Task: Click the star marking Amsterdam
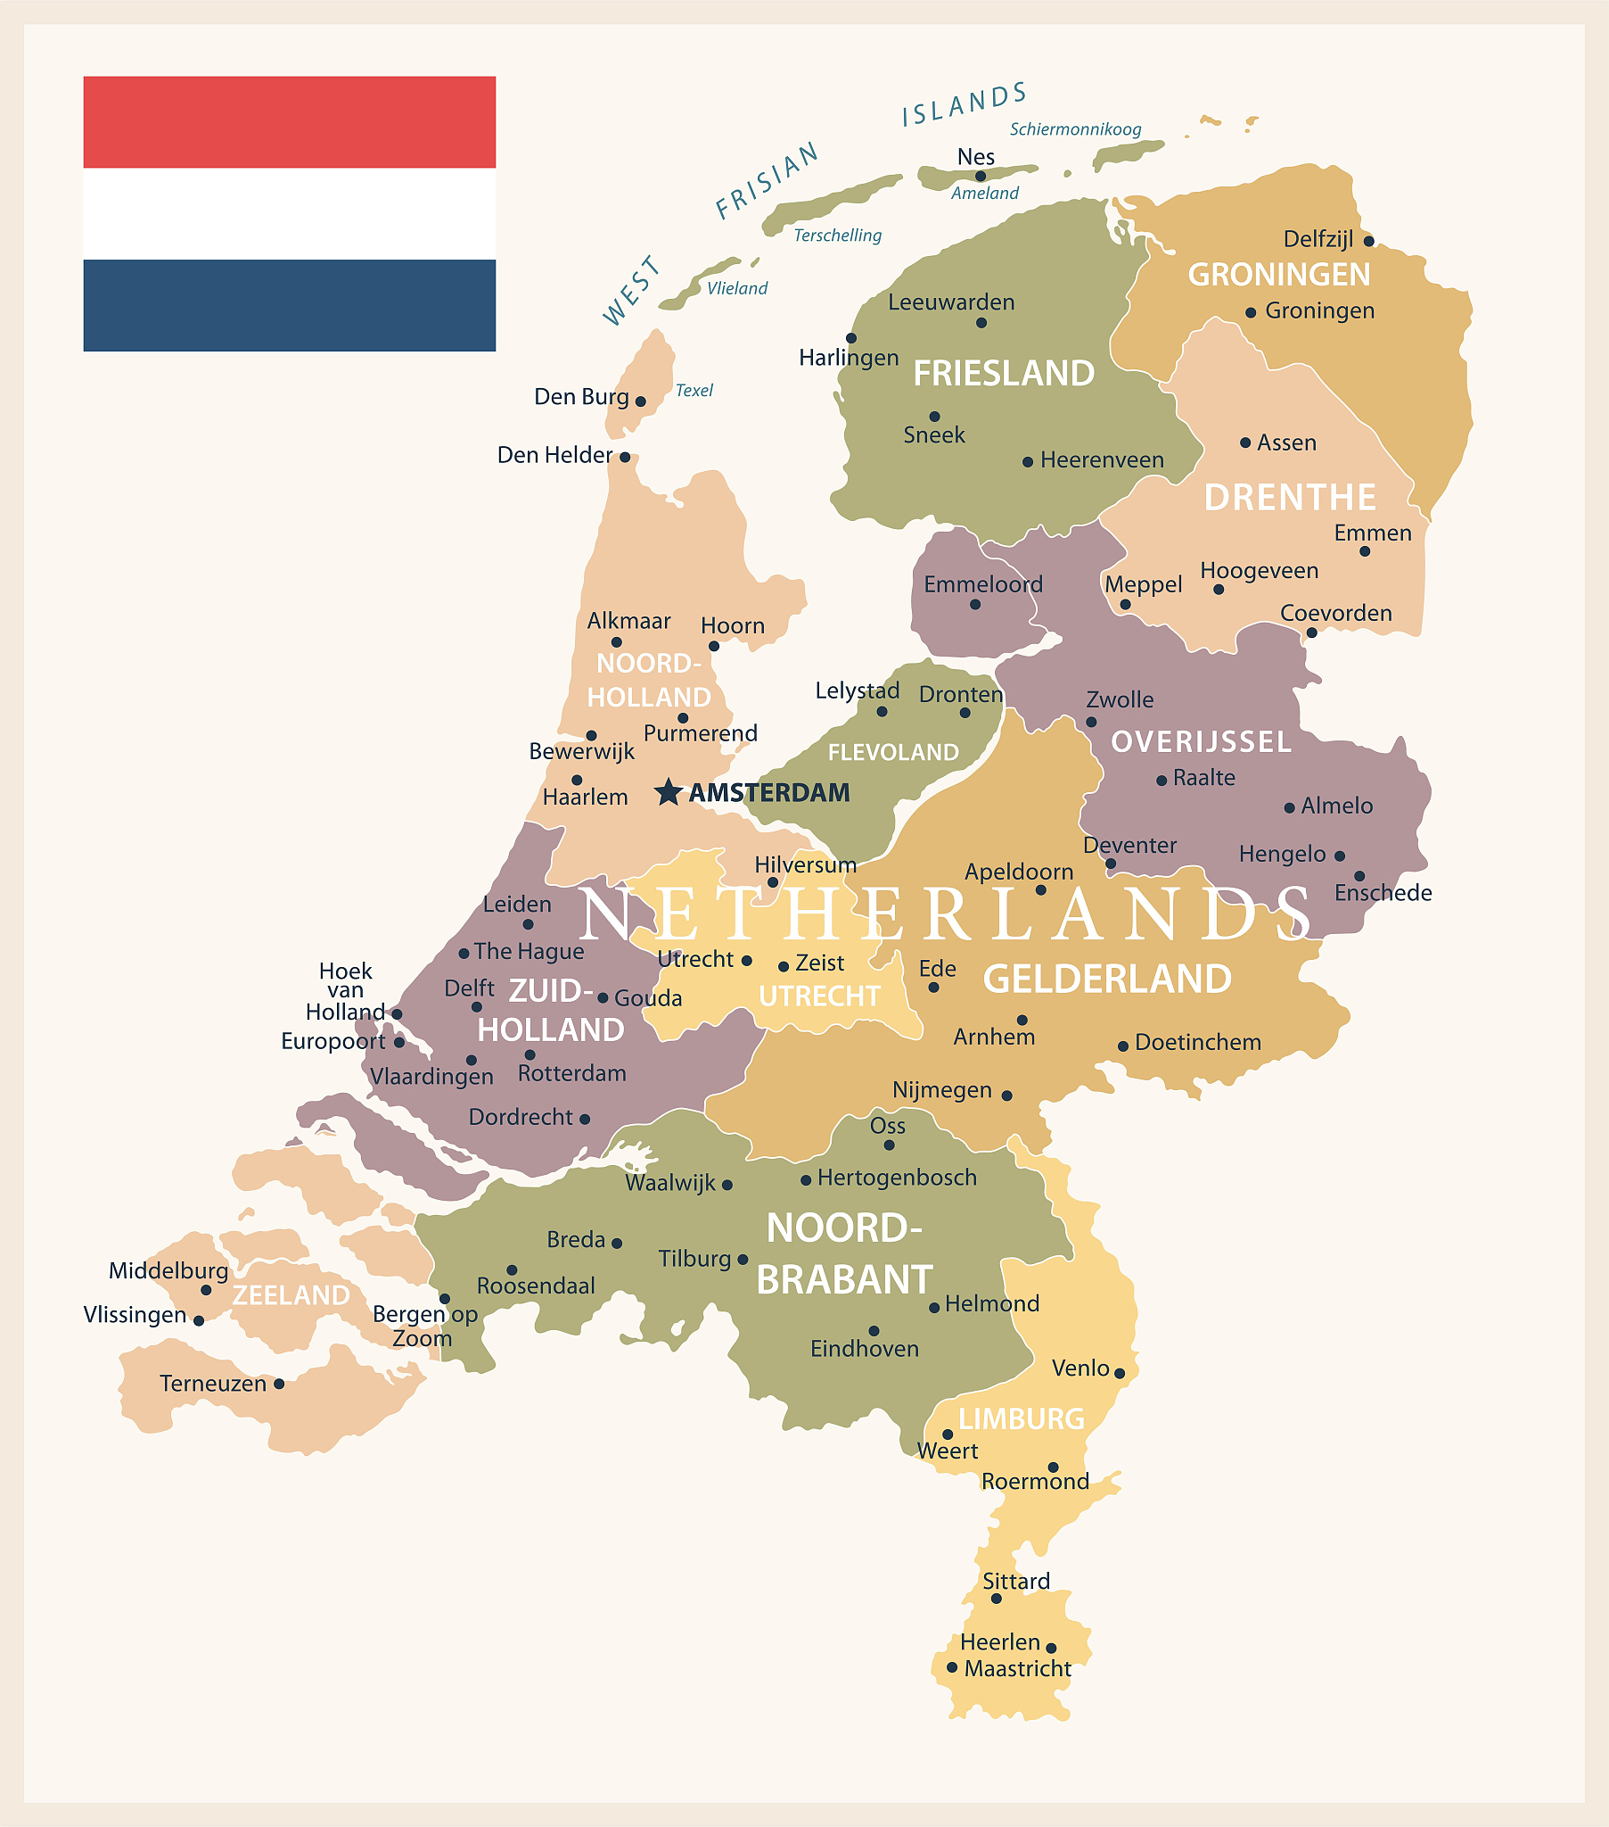tap(668, 792)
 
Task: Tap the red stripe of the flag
tap(290, 122)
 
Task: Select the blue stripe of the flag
tap(290, 305)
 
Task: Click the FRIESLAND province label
tap(1003, 374)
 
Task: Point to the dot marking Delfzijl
tap(1368, 242)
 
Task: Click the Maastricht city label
tap(1018, 1669)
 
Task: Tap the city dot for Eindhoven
tap(874, 1331)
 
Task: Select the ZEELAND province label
tap(291, 1295)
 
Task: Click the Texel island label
tap(694, 391)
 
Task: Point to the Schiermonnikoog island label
tap(1076, 129)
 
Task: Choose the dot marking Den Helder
tap(626, 458)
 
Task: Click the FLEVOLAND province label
tap(893, 753)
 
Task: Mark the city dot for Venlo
tap(1120, 1373)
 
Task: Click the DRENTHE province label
tap(1290, 498)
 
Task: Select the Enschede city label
tap(1383, 893)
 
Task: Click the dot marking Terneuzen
tap(279, 1384)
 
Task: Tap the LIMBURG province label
tap(1022, 1418)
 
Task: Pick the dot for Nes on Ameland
tap(981, 176)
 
